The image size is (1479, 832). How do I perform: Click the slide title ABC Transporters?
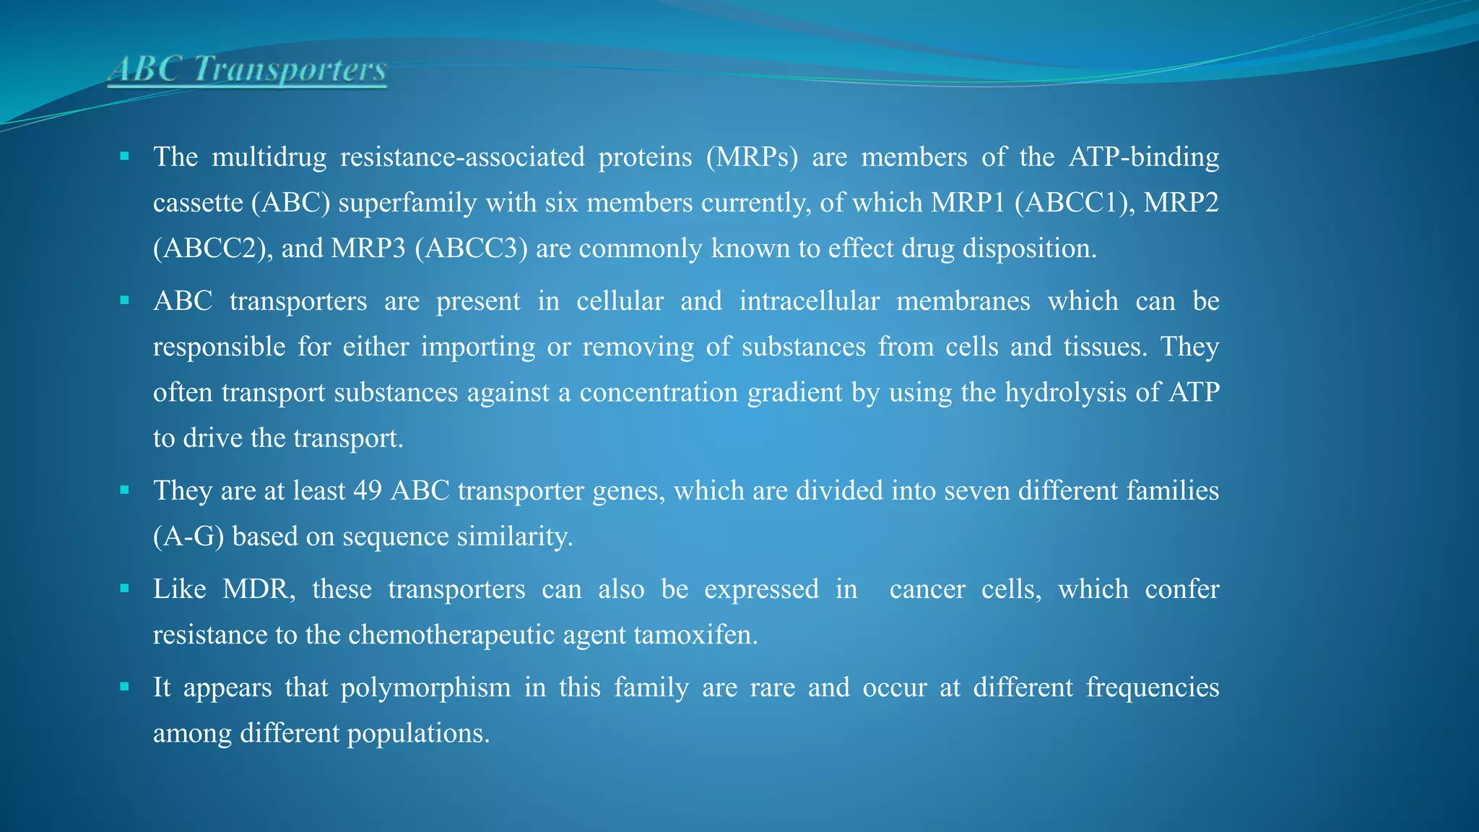coord(247,70)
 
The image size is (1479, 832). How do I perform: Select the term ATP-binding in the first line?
coord(1144,157)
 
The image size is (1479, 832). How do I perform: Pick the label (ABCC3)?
coord(471,248)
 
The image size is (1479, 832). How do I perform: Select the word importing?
coord(478,347)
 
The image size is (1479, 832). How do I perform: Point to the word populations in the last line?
coord(418,734)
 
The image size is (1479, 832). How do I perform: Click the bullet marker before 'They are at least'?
coord(124,490)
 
